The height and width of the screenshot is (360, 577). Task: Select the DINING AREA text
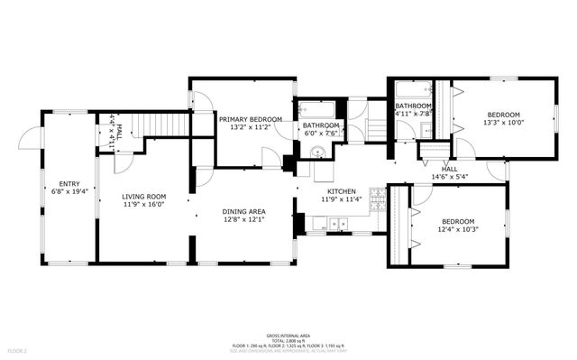pos(244,212)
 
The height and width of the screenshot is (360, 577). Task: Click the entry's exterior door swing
pos(32,137)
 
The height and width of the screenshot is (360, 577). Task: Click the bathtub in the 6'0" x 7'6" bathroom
pos(316,106)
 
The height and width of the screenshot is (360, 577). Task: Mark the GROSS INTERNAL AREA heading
pos(288,333)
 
